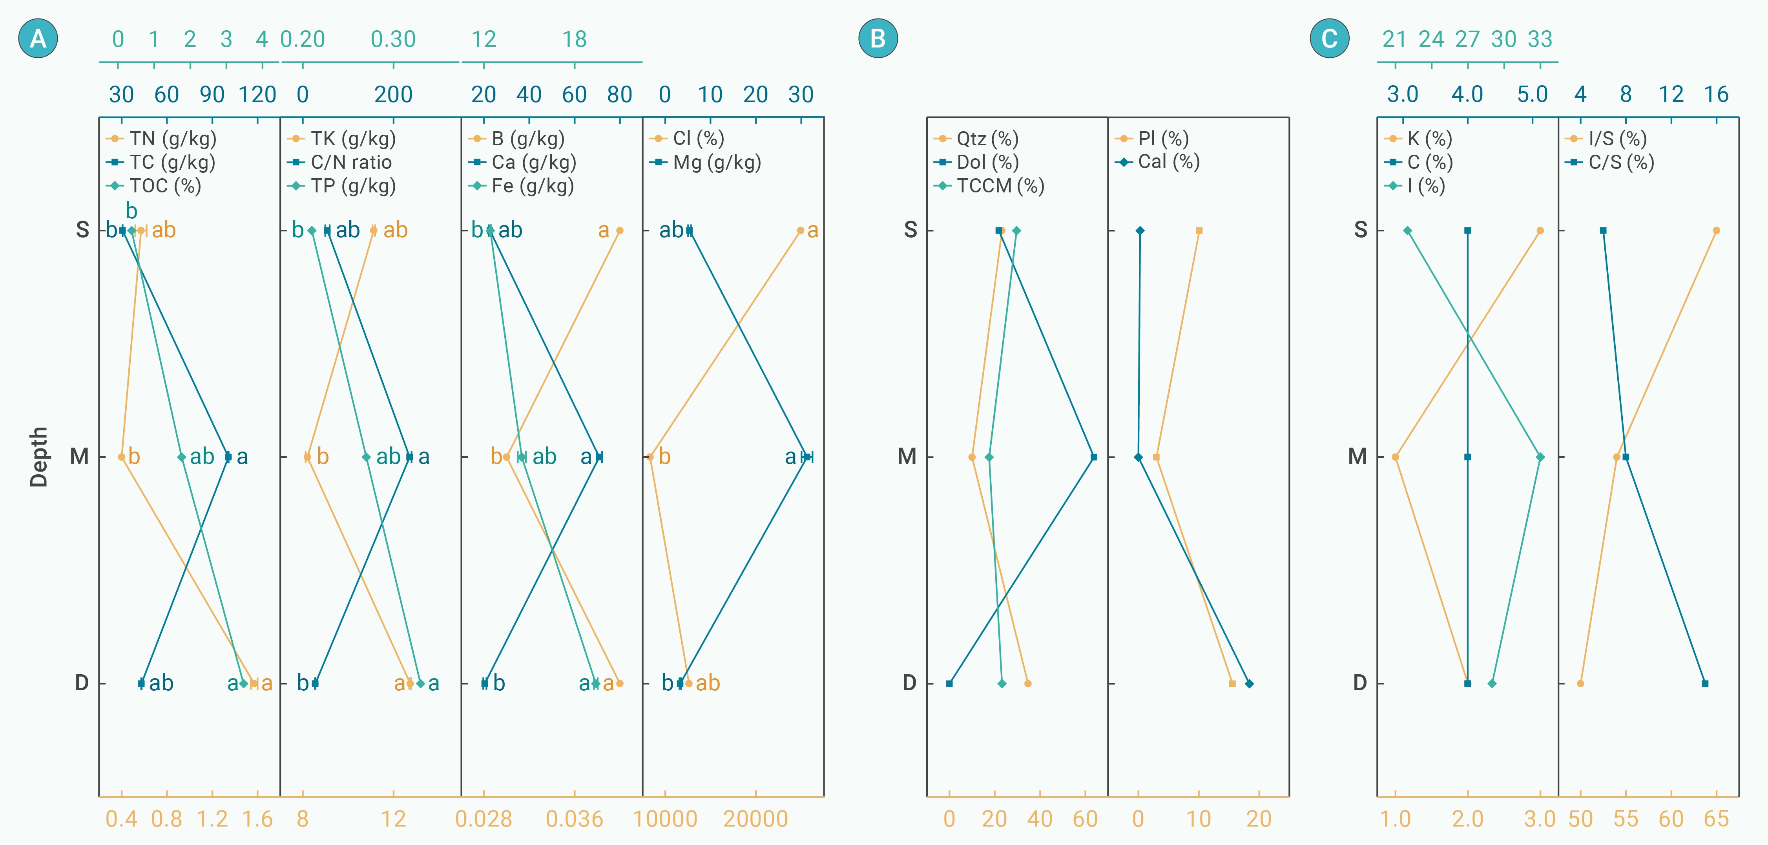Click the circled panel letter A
click(38, 38)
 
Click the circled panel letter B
click(878, 38)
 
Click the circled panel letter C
click(1329, 38)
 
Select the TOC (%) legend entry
click(165, 186)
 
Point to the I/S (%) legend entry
click(1617, 139)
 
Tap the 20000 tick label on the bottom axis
click(755, 819)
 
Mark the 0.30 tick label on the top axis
click(393, 39)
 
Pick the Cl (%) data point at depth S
click(800, 230)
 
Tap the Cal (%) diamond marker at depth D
click(1249, 684)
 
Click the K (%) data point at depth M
click(1395, 457)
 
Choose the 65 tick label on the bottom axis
click(1716, 819)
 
